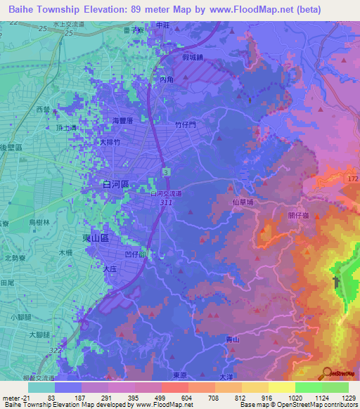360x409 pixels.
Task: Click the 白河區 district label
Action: (x=114, y=183)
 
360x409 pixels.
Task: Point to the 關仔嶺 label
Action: (x=298, y=216)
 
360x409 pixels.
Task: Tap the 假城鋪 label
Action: (x=191, y=57)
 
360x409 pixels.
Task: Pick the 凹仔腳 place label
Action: (x=152, y=254)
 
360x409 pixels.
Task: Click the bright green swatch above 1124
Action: (x=308, y=387)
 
